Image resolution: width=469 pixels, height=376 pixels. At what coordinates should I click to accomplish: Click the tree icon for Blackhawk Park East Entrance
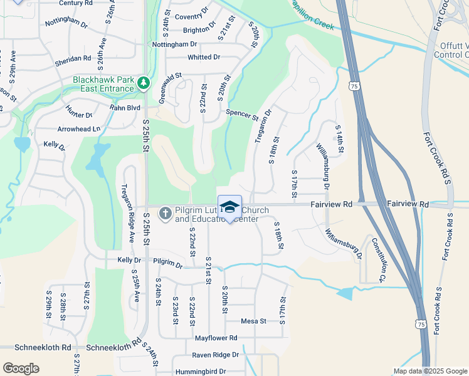(x=144, y=83)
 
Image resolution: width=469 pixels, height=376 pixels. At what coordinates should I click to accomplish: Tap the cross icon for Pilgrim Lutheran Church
(x=165, y=214)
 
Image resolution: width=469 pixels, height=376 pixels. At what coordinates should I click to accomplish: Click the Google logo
(x=21, y=368)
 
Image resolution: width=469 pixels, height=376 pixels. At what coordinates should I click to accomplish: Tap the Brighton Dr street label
(x=199, y=29)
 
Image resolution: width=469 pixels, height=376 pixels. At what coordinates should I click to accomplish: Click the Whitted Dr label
(x=204, y=57)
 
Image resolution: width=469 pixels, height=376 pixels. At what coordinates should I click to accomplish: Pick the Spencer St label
(x=243, y=115)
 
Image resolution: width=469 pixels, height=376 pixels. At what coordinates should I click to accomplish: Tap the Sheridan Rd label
(x=74, y=58)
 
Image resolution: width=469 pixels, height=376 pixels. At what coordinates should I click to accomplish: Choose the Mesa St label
(x=254, y=321)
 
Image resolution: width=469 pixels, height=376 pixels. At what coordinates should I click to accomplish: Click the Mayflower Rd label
(x=216, y=338)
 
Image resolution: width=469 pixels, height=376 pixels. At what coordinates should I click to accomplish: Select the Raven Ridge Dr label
(x=216, y=355)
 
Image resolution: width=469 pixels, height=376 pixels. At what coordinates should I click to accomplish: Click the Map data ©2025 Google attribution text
(x=430, y=371)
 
